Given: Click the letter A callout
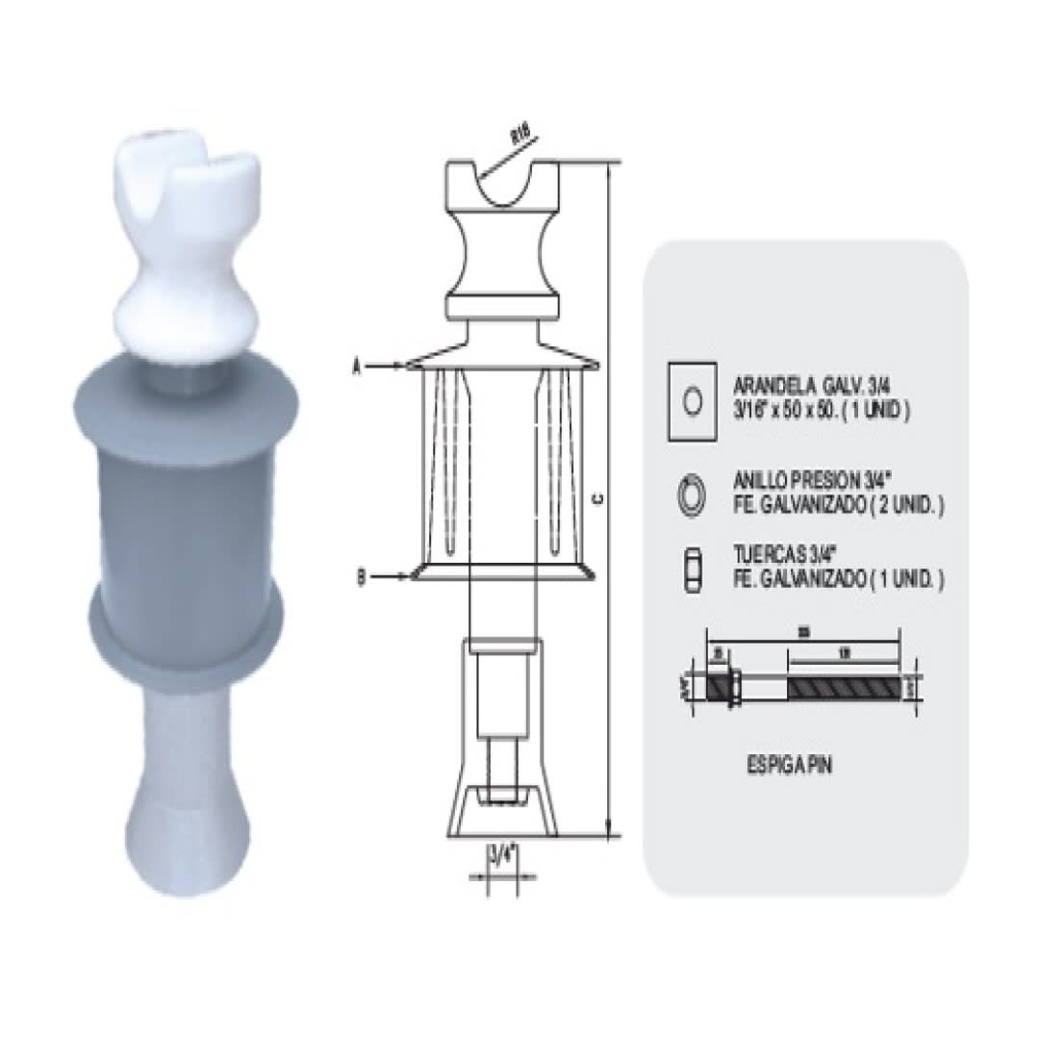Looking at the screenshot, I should [357, 366].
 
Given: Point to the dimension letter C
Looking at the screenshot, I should [598, 498].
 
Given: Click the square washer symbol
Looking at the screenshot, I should [692, 401].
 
